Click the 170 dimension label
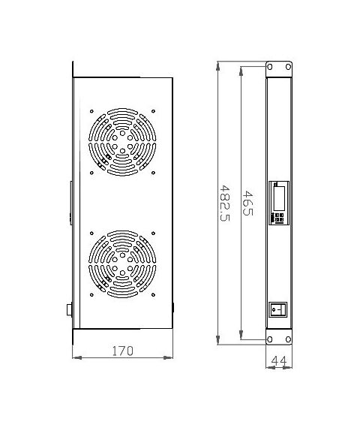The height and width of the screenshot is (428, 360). click(x=123, y=351)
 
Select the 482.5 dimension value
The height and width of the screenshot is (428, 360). click(x=225, y=203)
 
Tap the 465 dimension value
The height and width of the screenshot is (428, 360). click(x=247, y=203)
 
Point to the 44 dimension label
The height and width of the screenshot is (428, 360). click(x=279, y=360)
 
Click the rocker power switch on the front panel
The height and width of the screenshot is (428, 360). click(x=278, y=309)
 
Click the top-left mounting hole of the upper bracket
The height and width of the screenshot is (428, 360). click(x=270, y=67)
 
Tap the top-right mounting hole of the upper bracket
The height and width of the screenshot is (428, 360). click(x=288, y=67)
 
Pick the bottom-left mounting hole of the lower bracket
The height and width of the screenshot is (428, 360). click(x=270, y=339)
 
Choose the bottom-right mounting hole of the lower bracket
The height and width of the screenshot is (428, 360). click(x=288, y=339)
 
